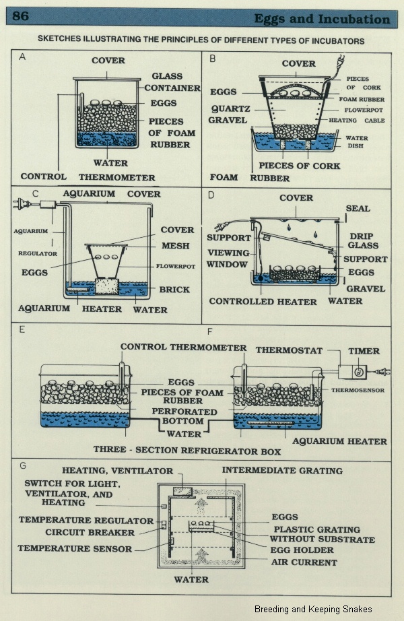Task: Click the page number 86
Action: tap(20, 16)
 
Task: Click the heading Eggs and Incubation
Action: tap(322, 19)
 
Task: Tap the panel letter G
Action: tap(23, 466)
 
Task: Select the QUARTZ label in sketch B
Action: tap(230, 108)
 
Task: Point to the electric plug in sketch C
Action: tap(20, 204)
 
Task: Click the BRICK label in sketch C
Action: tap(174, 290)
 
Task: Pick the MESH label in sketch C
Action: tap(176, 246)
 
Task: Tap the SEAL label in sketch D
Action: tap(358, 208)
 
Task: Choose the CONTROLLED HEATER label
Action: tap(263, 301)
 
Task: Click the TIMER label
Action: tap(364, 351)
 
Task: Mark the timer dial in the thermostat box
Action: tap(358, 372)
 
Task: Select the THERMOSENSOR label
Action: tap(358, 390)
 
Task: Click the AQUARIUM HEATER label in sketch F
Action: tap(339, 441)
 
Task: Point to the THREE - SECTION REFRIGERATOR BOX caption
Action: tap(187, 451)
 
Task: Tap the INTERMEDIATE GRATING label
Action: tap(282, 471)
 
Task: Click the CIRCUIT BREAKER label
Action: tap(90, 533)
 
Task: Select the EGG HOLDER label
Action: tap(302, 550)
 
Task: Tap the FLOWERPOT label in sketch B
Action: tap(363, 110)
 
